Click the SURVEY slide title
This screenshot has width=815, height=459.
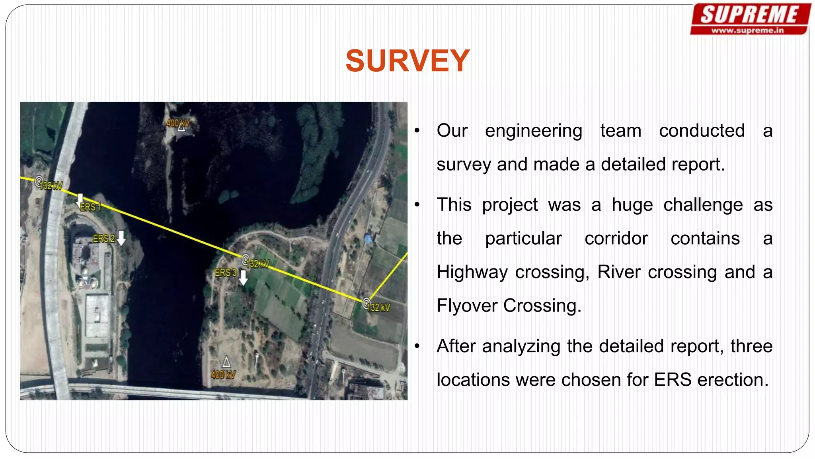pyautogui.click(x=407, y=61)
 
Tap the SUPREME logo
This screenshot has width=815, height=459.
pyautogui.click(x=749, y=15)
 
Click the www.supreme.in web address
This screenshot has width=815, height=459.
pyautogui.click(x=747, y=30)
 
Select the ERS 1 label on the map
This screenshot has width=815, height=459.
pyautogui.click(x=90, y=207)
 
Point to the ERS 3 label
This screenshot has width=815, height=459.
pyautogui.click(x=226, y=273)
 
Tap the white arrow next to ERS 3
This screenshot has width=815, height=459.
pyautogui.click(x=243, y=278)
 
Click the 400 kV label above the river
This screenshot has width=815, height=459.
pyautogui.click(x=177, y=123)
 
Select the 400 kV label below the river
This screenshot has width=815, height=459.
pyautogui.click(x=223, y=375)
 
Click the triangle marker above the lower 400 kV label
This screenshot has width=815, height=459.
pyautogui.click(x=226, y=362)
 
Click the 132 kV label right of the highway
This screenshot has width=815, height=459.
pyautogui.click(x=379, y=308)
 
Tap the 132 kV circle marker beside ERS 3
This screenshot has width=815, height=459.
pyautogui.click(x=246, y=260)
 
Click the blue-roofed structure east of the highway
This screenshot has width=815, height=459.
pyautogui.click(x=368, y=239)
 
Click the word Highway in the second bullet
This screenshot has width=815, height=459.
pyautogui.click(x=472, y=273)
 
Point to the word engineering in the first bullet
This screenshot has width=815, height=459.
pyautogui.click(x=533, y=131)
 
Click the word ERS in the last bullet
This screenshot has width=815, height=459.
pyautogui.click(x=673, y=380)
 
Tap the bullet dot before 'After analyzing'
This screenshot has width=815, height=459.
pyautogui.click(x=417, y=346)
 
